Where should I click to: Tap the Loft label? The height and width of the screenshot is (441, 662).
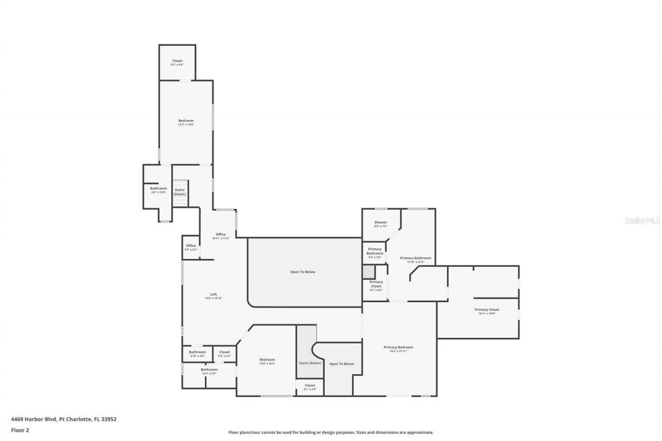coord(213,296)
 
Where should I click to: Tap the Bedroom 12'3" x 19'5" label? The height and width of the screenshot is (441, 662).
coord(186,122)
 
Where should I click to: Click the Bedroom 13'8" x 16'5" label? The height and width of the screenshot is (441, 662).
coord(267,361)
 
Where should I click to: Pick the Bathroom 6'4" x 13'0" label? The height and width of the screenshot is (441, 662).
coord(159,190)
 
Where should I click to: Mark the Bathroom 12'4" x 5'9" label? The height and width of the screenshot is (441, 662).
coord(209,371)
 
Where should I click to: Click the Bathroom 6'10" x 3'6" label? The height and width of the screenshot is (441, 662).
coord(197,354)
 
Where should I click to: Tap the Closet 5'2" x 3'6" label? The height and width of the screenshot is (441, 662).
coord(224,354)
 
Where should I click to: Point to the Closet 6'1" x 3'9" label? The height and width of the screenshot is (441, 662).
coord(310,387)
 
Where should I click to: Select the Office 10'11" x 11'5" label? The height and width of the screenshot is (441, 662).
coord(220,236)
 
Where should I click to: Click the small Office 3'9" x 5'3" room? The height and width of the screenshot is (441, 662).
coord(191,247)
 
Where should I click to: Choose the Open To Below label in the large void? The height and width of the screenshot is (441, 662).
coord(303,271)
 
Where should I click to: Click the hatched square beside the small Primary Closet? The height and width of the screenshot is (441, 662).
coord(369,272)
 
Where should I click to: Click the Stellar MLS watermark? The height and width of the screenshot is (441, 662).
coord(643,220)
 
